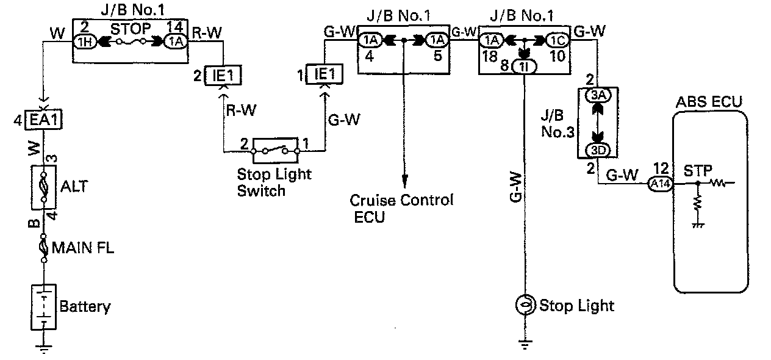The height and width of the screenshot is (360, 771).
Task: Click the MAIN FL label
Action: (x=82, y=248)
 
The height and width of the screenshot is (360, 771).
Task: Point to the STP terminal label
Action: (x=696, y=168)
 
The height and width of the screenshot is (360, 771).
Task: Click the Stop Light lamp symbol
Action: (x=524, y=304)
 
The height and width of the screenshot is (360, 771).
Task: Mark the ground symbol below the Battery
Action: (x=43, y=350)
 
